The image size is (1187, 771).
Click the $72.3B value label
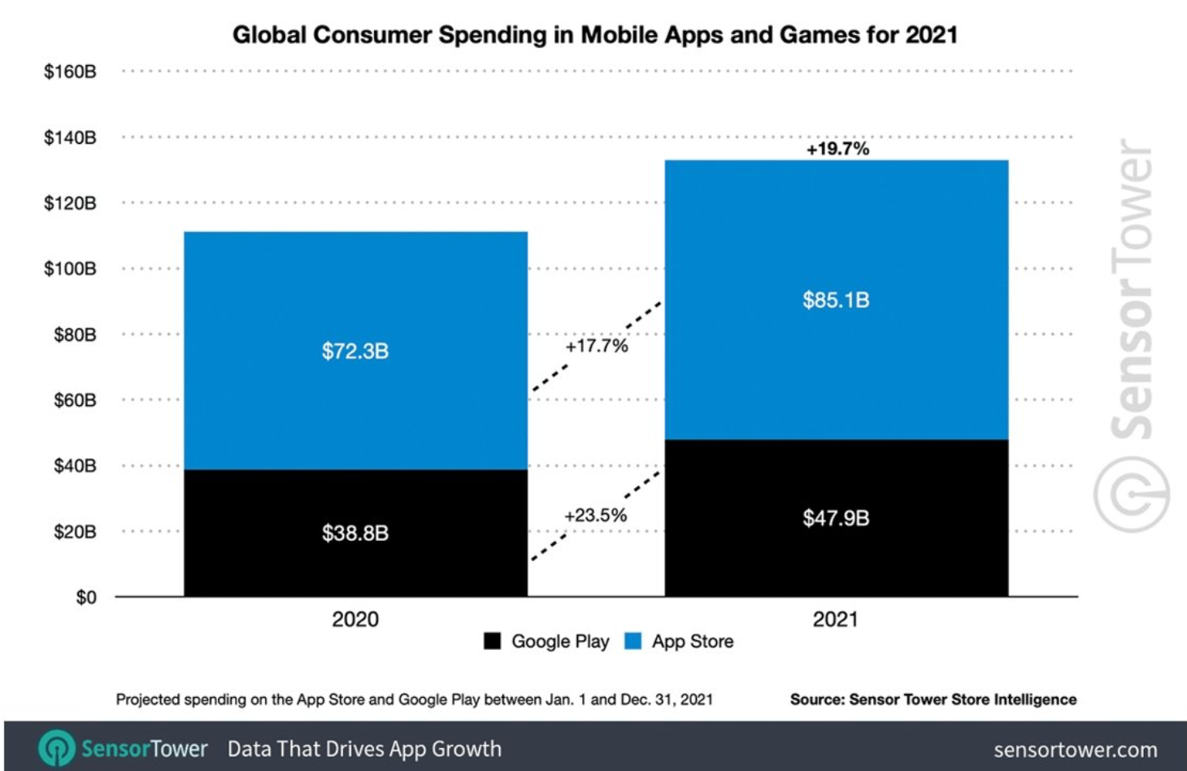click(355, 351)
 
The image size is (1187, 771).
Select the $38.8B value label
click(355, 534)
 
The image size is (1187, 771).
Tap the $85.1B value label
click(836, 300)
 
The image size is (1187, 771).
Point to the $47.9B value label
click(836, 518)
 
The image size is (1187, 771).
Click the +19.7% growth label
click(837, 149)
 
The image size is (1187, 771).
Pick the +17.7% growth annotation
click(597, 346)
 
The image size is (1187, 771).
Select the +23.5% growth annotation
click(596, 516)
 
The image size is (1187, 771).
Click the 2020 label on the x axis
click(355, 620)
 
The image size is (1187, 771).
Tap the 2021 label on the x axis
click(835, 620)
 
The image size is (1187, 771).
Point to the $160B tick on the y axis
click(70, 72)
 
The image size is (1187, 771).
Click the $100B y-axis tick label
click(70, 269)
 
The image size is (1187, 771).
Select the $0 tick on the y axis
click(85, 598)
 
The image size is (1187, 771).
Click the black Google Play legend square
click(492, 641)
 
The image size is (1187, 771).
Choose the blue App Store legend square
click(633, 641)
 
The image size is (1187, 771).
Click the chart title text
click(594, 35)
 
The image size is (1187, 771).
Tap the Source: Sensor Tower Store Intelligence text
click(933, 699)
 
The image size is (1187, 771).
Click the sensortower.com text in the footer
click(1075, 750)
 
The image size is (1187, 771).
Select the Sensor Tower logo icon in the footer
click(57, 748)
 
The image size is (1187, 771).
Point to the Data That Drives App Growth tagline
click(364, 749)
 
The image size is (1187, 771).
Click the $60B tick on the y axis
click(75, 400)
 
